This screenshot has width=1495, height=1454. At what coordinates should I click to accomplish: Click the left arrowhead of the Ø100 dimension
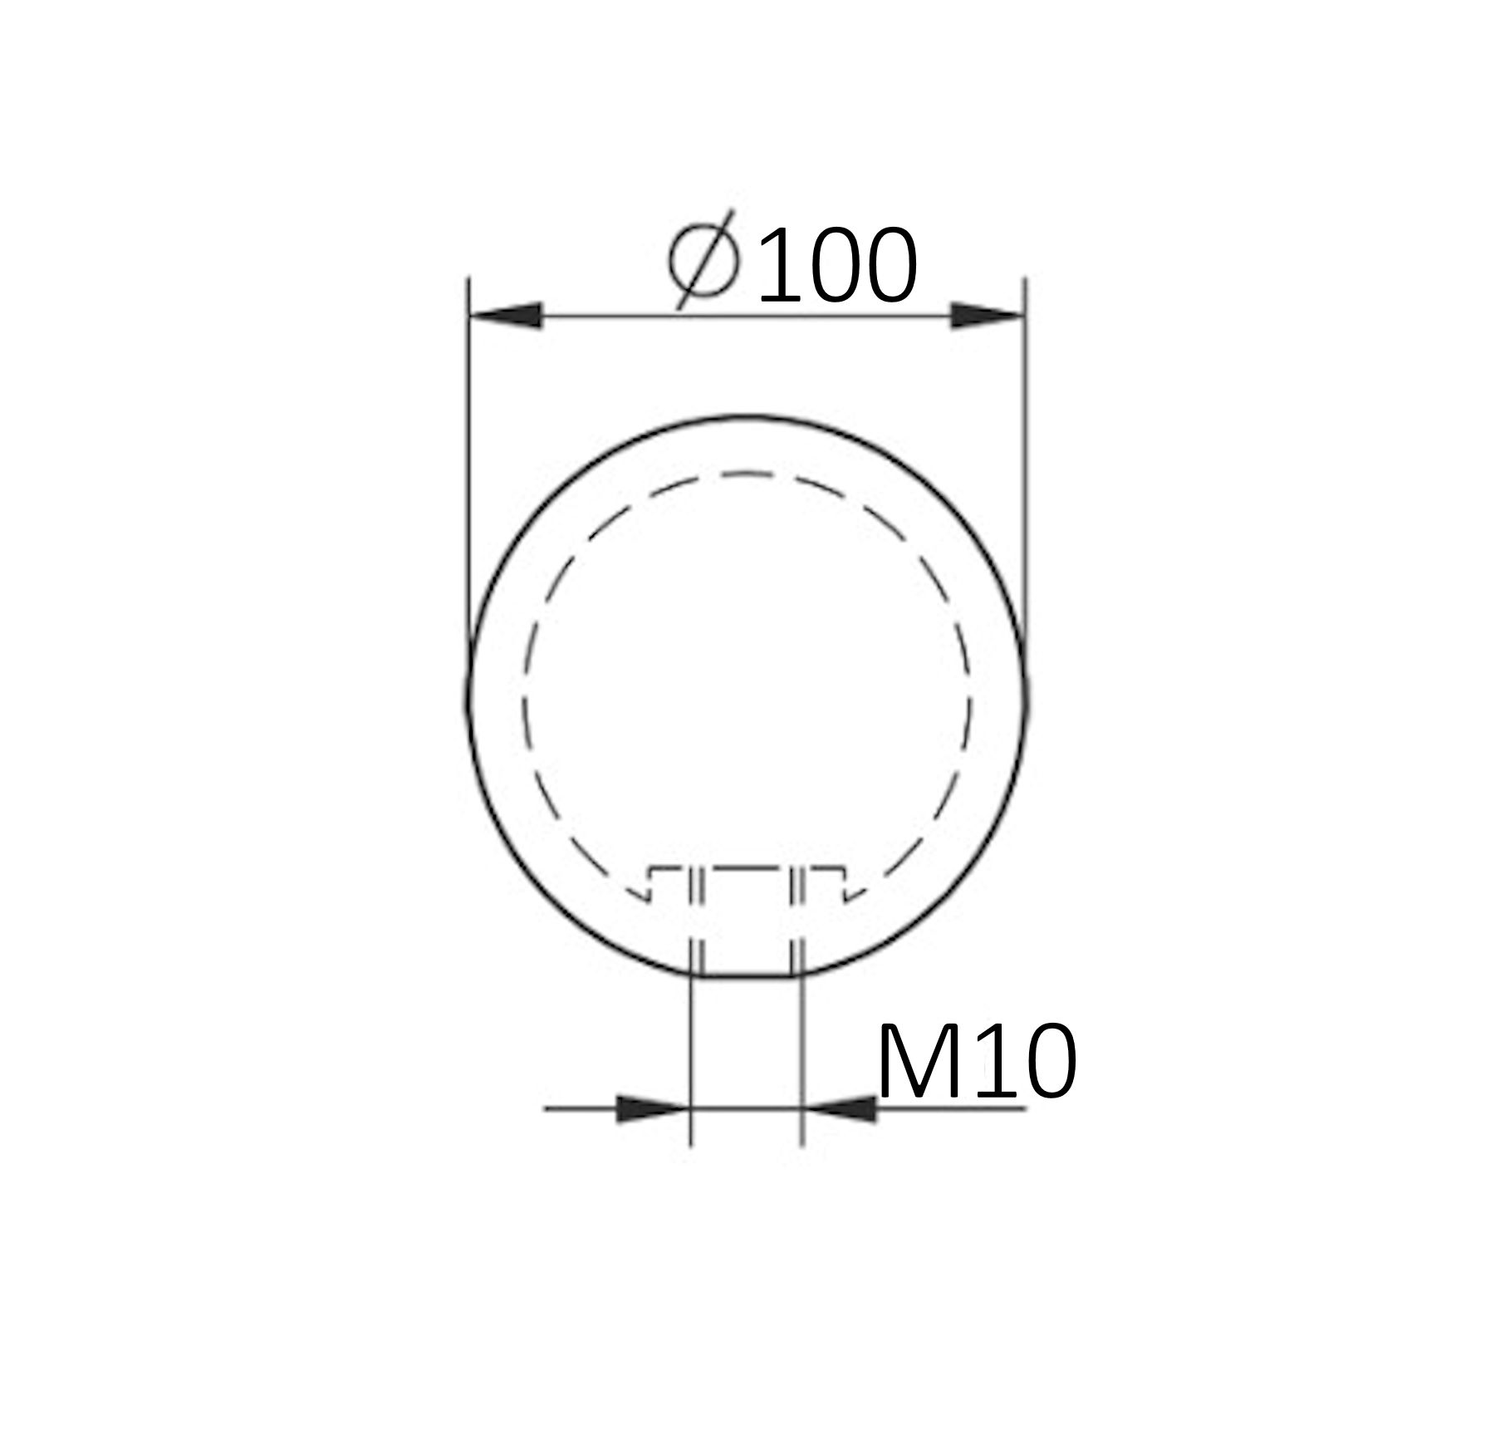click(x=507, y=316)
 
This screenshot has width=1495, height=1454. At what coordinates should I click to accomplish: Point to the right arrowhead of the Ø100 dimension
click(x=987, y=316)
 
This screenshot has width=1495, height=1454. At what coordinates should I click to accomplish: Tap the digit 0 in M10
click(x=1044, y=1062)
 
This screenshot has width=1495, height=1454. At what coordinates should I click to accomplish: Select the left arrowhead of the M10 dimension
click(x=652, y=1108)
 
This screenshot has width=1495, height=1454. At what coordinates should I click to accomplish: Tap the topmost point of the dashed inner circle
click(x=747, y=474)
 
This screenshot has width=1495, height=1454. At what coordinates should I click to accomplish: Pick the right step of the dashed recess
click(x=845, y=883)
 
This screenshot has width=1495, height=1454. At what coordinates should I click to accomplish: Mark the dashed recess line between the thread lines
click(x=746, y=869)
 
